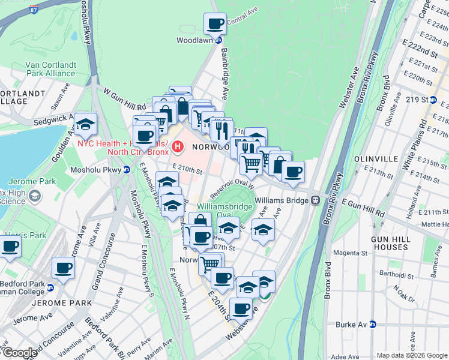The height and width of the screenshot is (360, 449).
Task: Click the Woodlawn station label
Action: tap(194, 40)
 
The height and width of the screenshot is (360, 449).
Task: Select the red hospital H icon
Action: tap(178, 146)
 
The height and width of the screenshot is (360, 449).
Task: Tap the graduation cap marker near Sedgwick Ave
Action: tap(86, 124)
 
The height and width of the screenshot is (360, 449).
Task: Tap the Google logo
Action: tap(20, 353)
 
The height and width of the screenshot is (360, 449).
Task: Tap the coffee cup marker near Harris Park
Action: tap(10, 247)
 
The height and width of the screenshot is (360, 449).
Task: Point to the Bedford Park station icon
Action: tap(50, 287)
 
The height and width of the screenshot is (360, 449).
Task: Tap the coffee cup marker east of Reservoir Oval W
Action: tap(293, 172)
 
